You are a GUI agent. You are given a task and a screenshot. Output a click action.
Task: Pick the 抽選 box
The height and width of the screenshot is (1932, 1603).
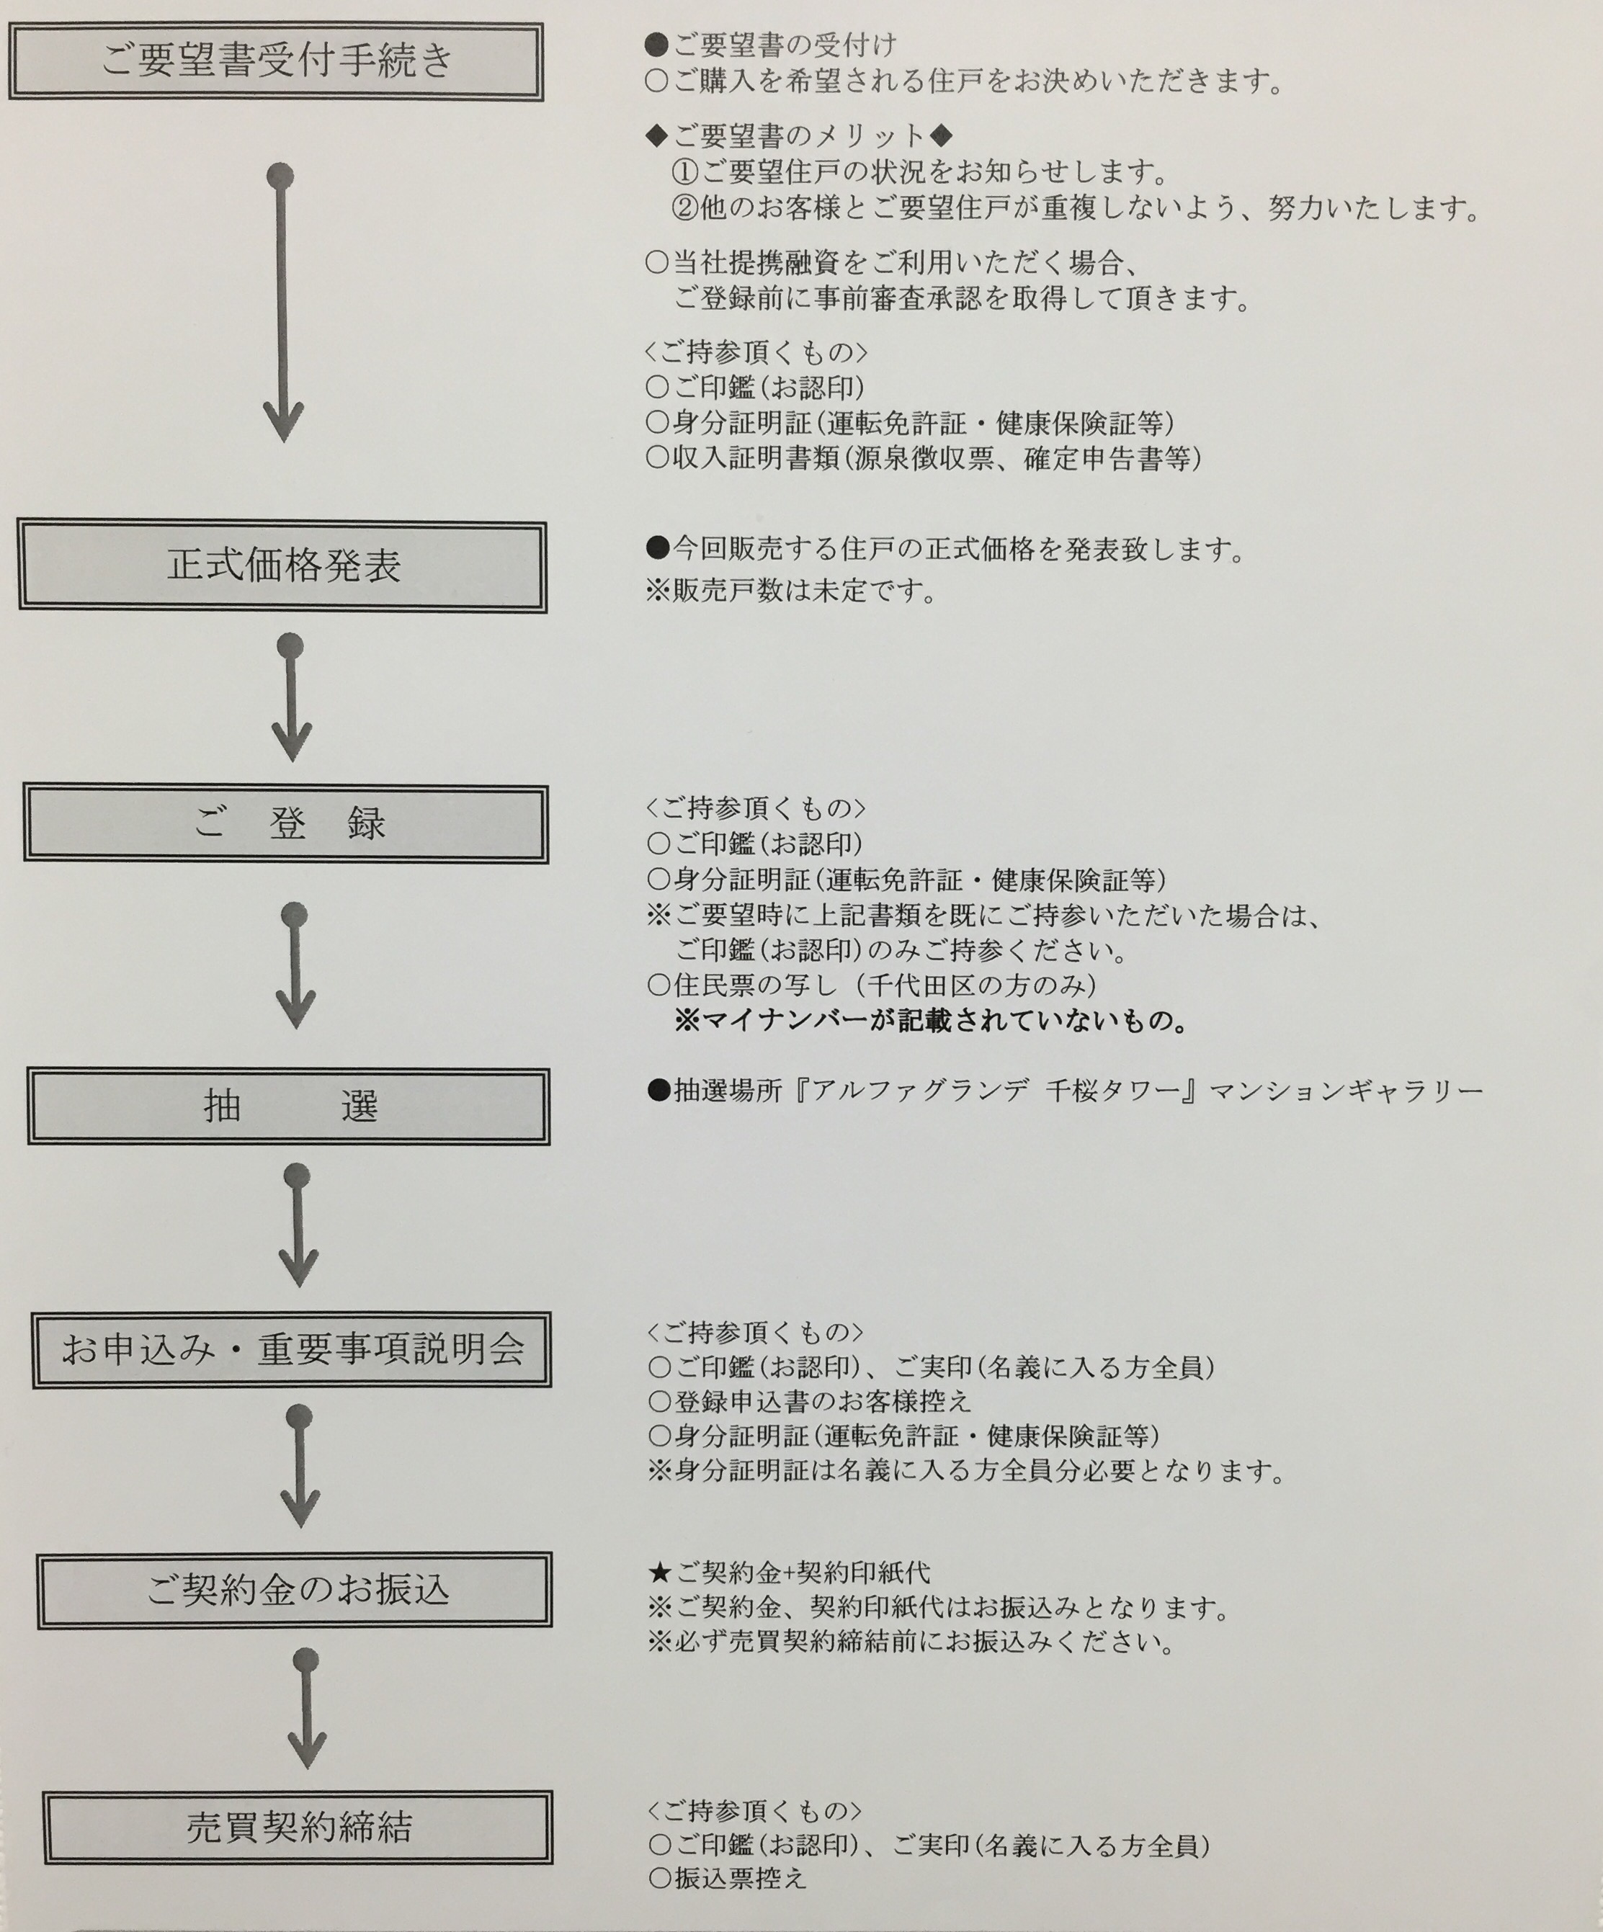(289, 1106)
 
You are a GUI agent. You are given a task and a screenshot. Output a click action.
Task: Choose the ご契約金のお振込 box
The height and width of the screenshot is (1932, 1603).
(295, 1590)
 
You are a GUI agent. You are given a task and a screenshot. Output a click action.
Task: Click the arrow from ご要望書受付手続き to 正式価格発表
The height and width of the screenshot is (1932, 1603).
(282, 303)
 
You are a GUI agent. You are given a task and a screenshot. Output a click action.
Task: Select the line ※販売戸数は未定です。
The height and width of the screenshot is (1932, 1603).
(791, 591)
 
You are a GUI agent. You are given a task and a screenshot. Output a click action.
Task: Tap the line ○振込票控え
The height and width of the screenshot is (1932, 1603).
(727, 1878)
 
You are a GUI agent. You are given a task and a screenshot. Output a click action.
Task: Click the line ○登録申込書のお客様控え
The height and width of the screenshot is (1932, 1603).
(810, 1401)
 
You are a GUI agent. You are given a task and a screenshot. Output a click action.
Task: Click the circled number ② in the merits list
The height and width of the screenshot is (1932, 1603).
(686, 209)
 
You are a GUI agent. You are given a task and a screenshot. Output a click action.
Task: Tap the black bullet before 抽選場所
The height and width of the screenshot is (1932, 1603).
(658, 1091)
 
